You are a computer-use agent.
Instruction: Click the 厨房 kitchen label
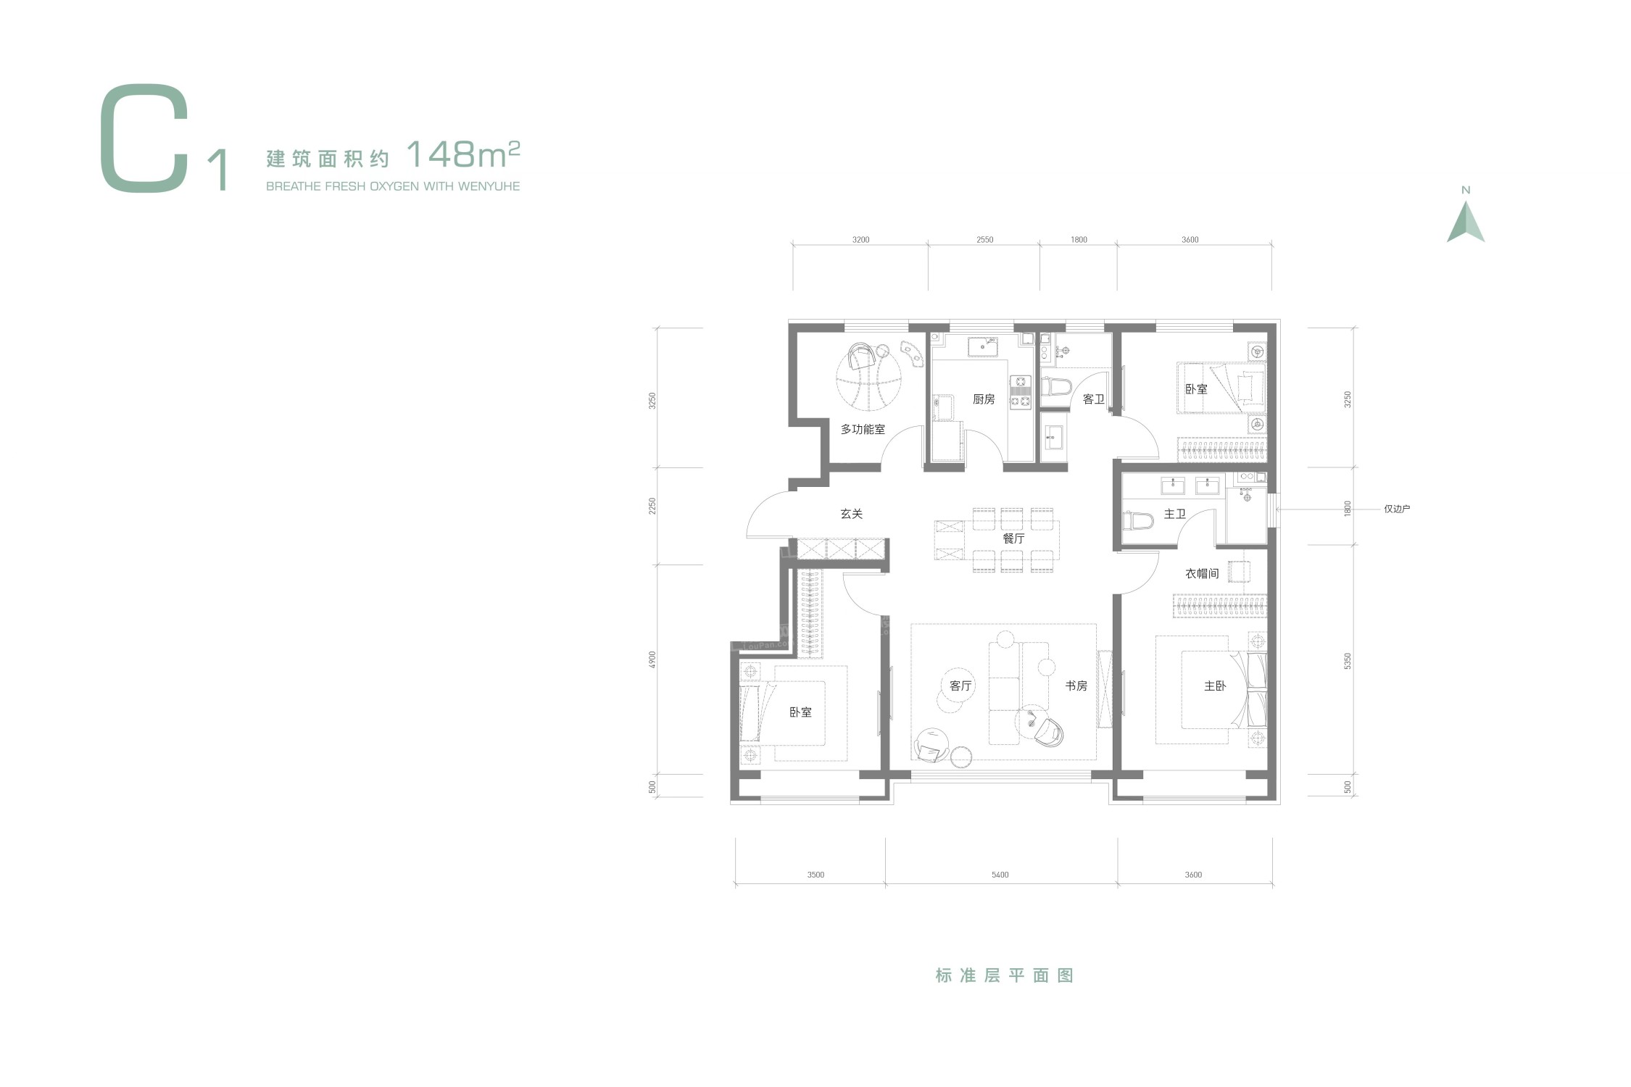pyautogui.click(x=984, y=399)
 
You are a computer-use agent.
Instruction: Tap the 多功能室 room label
pyautogui.click(x=863, y=429)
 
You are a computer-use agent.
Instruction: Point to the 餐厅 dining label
pyautogui.click(x=1013, y=538)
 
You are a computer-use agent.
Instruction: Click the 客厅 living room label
pyautogui.click(x=960, y=686)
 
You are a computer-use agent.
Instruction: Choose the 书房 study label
pyautogui.click(x=1076, y=686)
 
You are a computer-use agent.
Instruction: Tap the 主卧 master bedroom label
pyautogui.click(x=1215, y=686)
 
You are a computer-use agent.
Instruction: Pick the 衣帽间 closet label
pyautogui.click(x=1202, y=573)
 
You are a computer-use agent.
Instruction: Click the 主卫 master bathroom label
pyautogui.click(x=1175, y=514)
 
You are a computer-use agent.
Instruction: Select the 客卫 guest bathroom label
pyautogui.click(x=1093, y=399)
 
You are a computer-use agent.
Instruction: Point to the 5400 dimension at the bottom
pyautogui.click(x=1000, y=875)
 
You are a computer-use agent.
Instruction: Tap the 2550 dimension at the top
pyautogui.click(x=984, y=240)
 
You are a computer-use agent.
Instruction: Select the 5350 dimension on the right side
pyautogui.click(x=1348, y=662)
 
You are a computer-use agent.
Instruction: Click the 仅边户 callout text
pyautogui.click(x=1397, y=509)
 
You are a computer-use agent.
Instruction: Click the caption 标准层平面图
pyautogui.click(x=1004, y=975)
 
